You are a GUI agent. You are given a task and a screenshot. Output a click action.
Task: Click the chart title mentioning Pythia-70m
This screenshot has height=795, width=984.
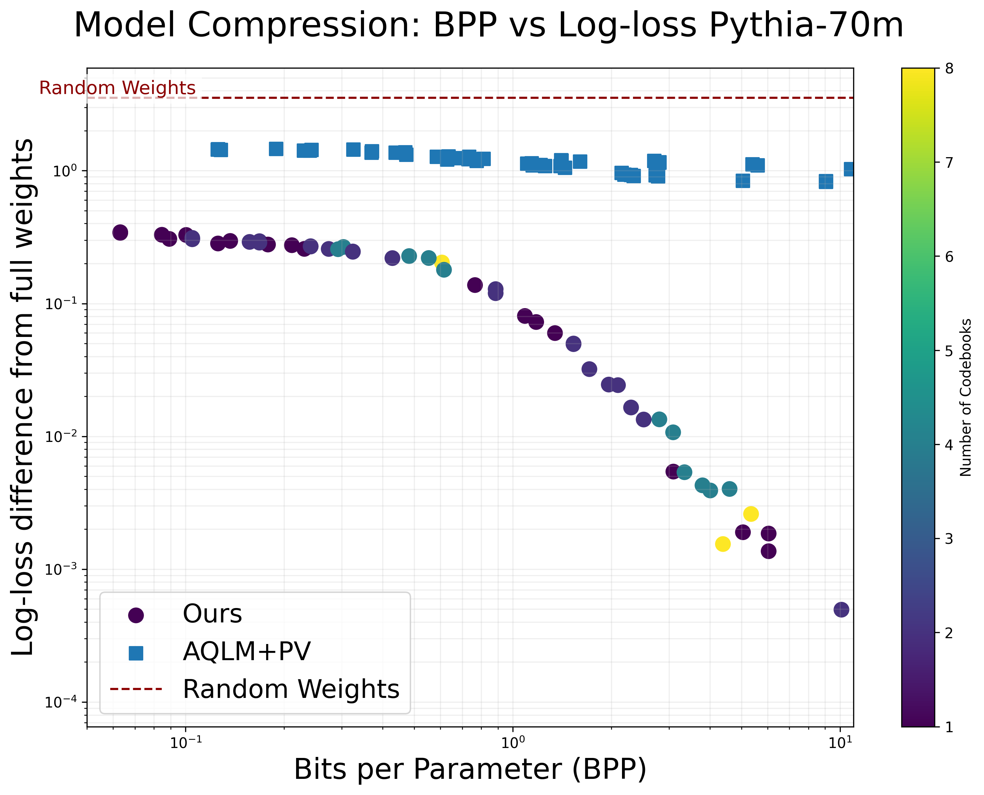(488, 26)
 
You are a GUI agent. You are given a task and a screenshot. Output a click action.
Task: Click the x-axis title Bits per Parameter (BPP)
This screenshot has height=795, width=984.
(470, 769)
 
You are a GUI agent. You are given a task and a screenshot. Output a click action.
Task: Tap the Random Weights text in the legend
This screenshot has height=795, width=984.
(291, 689)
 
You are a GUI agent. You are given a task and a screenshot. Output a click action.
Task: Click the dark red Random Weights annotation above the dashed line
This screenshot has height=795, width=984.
(117, 88)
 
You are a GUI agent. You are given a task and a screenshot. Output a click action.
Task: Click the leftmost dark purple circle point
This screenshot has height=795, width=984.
(120, 233)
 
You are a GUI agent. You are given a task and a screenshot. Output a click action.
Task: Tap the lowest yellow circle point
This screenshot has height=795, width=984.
(723, 544)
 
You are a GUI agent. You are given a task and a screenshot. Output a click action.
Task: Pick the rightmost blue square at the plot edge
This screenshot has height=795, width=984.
(849, 169)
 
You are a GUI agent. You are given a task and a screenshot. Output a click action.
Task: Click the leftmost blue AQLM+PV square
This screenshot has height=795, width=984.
(218, 149)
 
